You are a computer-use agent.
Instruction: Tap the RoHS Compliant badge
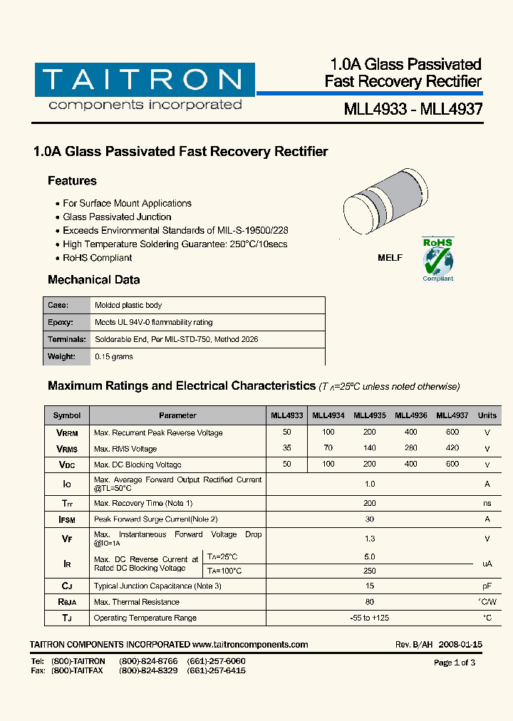[x=437, y=260]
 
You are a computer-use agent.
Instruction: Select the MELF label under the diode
[x=389, y=258]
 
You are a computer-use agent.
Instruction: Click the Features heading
[x=72, y=181]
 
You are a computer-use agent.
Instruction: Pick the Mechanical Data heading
[x=93, y=280]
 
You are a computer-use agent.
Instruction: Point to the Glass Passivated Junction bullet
[x=117, y=217]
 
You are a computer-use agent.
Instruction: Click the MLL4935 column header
[x=370, y=415]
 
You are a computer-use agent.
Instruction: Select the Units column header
[x=487, y=415]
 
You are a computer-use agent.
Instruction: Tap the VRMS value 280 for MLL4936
[x=410, y=449]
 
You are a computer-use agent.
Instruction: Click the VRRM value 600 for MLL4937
[x=452, y=432]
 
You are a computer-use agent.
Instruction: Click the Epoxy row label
[x=61, y=322]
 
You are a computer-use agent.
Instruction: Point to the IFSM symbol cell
[x=67, y=520]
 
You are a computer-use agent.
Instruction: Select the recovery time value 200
[x=369, y=503]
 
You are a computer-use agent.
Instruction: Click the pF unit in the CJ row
[x=487, y=586]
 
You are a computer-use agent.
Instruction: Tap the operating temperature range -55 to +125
[x=369, y=618]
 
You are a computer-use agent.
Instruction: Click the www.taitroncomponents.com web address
[x=250, y=645]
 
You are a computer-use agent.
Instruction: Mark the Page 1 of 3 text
[x=454, y=663]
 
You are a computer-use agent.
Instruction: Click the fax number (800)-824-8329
[x=148, y=671]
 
